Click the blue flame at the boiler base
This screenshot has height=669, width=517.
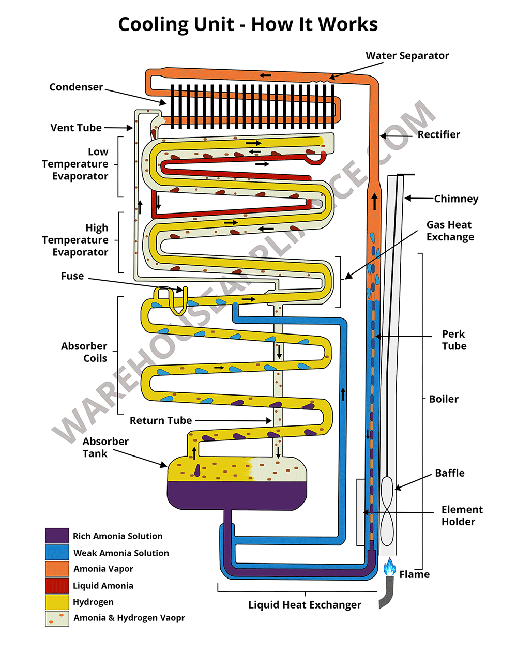point(389,567)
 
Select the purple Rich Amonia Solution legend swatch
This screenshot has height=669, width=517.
point(57,536)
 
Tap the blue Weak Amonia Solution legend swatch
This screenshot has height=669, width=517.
point(57,552)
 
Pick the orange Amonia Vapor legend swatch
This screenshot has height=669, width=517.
point(57,569)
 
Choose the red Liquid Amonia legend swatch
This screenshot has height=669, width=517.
point(57,585)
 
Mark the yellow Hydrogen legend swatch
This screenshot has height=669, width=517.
point(57,602)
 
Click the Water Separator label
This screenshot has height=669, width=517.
point(407,56)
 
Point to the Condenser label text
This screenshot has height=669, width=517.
point(76,87)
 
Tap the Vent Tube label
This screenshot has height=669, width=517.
point(76,128)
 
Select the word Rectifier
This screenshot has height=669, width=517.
point(438,134)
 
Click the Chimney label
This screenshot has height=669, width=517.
point(456,199)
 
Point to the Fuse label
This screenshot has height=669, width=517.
point(72,276)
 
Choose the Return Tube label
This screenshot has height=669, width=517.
point(160,421)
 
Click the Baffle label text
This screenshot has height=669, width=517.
point(449,473)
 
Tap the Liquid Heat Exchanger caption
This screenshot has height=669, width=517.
point(305,605)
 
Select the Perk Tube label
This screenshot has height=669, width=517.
point(454,340)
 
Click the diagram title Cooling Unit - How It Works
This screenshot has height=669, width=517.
point(248,24)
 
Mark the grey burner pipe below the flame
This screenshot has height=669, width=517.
point(387,592)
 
